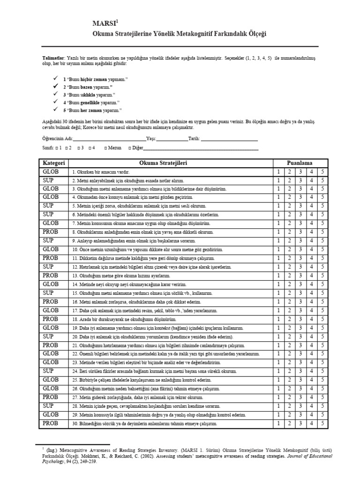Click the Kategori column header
pos(53,163)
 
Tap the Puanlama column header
pos(300,163)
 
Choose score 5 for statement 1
pos(322,172)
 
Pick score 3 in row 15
pos(300,292)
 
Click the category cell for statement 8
pos(51,232)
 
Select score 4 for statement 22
pos(311,354)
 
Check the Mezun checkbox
pos(106,148)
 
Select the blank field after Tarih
pos(229,139)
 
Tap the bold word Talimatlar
pos(52,57)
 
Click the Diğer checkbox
pos(129,148)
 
